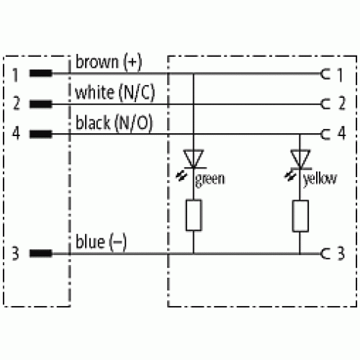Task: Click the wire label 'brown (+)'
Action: pyautogui.click(x=109, y=62)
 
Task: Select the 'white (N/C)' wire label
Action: pyautogui.click(x=115, y=93)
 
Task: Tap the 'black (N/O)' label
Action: pyautogui.click(x=114, y=123)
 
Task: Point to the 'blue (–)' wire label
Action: pyautogui.click(x=101, y=242)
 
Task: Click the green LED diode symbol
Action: pyautogui.click(x=194, y=159)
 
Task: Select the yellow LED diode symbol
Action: pyautogui.click(x=300, y=159)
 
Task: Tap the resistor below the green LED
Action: pyautogui.click(x=194, y=215)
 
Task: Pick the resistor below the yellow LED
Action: pyautogui.click(x=300, y=216)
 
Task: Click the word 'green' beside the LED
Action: pyautogui.click(x=210, y=179)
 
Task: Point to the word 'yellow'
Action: pyautogui.click(x=320, y=179)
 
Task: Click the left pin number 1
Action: pyautogui.click(x=16, y=75)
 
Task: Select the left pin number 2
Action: pyautogui.click(x=16, y=103)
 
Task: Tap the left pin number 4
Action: pyautogui.click(x=16, y=133)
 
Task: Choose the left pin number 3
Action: pyautogui.click(x=16, y=253)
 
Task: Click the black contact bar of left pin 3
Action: pyautogui.click(x=40, y=253)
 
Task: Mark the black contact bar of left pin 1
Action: pyautogui.click(x=40, y=73)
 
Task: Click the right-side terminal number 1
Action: pyautogui.click(x=340, y=75)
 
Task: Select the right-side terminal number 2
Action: pyautogui.click(x=342, y=103)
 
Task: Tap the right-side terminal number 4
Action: pyautogui.click(x=342, y=133)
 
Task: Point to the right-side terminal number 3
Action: pyautogui.click(x=341, y=253)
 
